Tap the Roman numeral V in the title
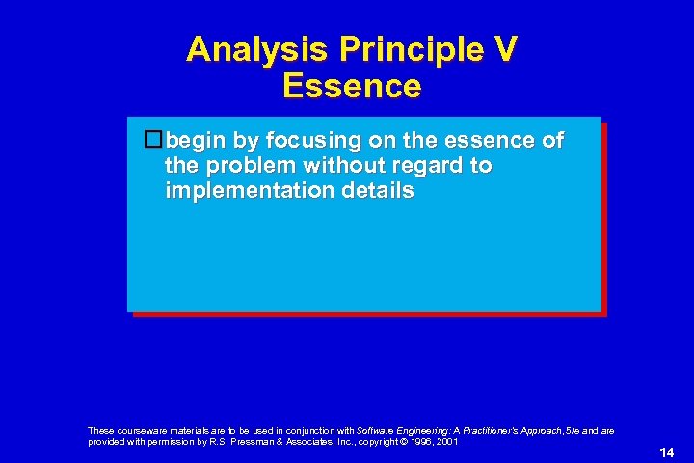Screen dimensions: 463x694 [x=504, y=49]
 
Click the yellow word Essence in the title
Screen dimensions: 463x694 [x=352, y=86]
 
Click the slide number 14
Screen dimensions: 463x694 [x=666, y=452]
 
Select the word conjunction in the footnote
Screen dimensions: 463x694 [x=308, y=430]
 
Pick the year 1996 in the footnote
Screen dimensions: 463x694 [x=420, y=442]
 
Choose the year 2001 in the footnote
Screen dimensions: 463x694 [x=448, y=442]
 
